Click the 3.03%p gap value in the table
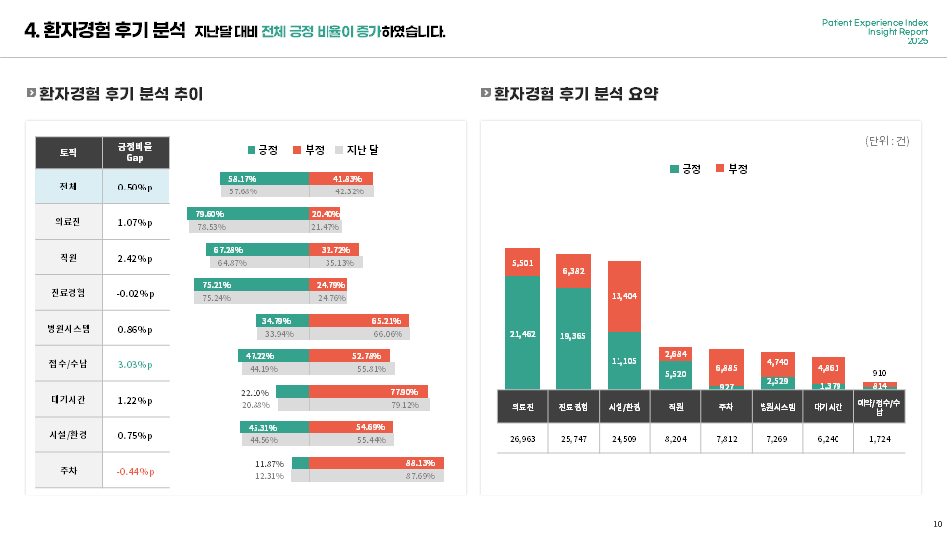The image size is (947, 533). click(135, 364)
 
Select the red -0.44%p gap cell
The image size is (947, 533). click(135, 471)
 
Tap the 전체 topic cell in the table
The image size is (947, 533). click(68, 187)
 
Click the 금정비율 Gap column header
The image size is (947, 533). click(135, 152)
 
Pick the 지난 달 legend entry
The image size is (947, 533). click(357, 150)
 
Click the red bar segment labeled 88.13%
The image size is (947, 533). click(376, 463)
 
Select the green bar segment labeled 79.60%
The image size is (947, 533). click(248, 213)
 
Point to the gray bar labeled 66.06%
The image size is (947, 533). click(360, 334)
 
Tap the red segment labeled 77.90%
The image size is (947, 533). click(368, 392)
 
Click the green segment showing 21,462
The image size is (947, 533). click(522, 334)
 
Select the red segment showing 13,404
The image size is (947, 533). click(624, 296)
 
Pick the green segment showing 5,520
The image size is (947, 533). click(676, 374)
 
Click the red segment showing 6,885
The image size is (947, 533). click(727, 367)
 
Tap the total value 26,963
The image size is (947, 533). click(522, 438)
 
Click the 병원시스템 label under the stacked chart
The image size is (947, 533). click(778, 406)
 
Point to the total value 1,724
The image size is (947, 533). click(880, 438)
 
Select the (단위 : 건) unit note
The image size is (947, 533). click(887, 141)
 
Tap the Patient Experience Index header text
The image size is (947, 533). click(875, 22)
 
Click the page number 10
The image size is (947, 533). click(937, 523)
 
